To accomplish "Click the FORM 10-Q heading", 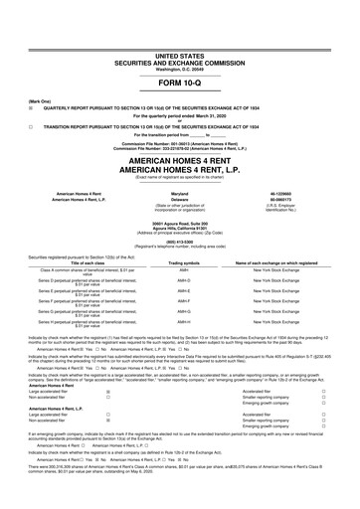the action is click(x=180, y=83).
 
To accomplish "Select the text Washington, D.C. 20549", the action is click(x=180, y=70).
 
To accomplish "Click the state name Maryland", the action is click(x=180, y=193).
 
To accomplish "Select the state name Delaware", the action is click(x=180, y=199).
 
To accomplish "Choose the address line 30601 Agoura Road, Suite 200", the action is click(x=180, y=222).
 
